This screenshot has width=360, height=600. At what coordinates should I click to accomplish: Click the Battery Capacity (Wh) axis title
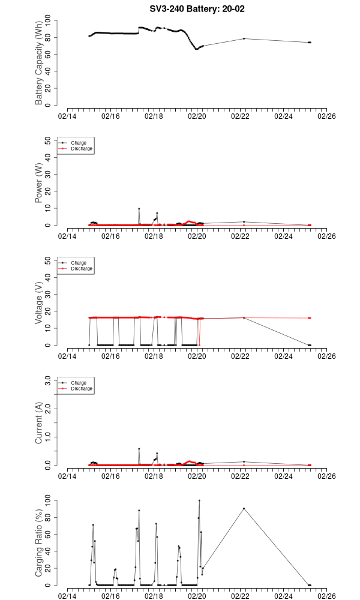[39, 64]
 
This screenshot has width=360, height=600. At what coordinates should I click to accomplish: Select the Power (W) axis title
[39, 183]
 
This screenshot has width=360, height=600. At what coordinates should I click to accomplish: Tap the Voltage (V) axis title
[39, 303]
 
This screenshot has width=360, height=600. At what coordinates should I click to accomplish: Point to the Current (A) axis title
[39, 423]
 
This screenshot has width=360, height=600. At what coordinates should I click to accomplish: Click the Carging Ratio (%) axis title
[39, 543]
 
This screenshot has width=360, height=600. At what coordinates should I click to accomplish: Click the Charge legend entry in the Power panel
[78, 143]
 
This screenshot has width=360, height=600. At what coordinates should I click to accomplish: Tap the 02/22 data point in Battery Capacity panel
[244, 38]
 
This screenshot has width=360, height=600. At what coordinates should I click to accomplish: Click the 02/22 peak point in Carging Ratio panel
[244, 508]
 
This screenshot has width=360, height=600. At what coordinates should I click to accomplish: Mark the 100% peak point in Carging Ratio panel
[199, 500]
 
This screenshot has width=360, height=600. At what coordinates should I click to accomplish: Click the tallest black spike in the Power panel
[139, 209]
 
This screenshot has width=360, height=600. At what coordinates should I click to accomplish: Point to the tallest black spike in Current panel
[139, 448]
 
